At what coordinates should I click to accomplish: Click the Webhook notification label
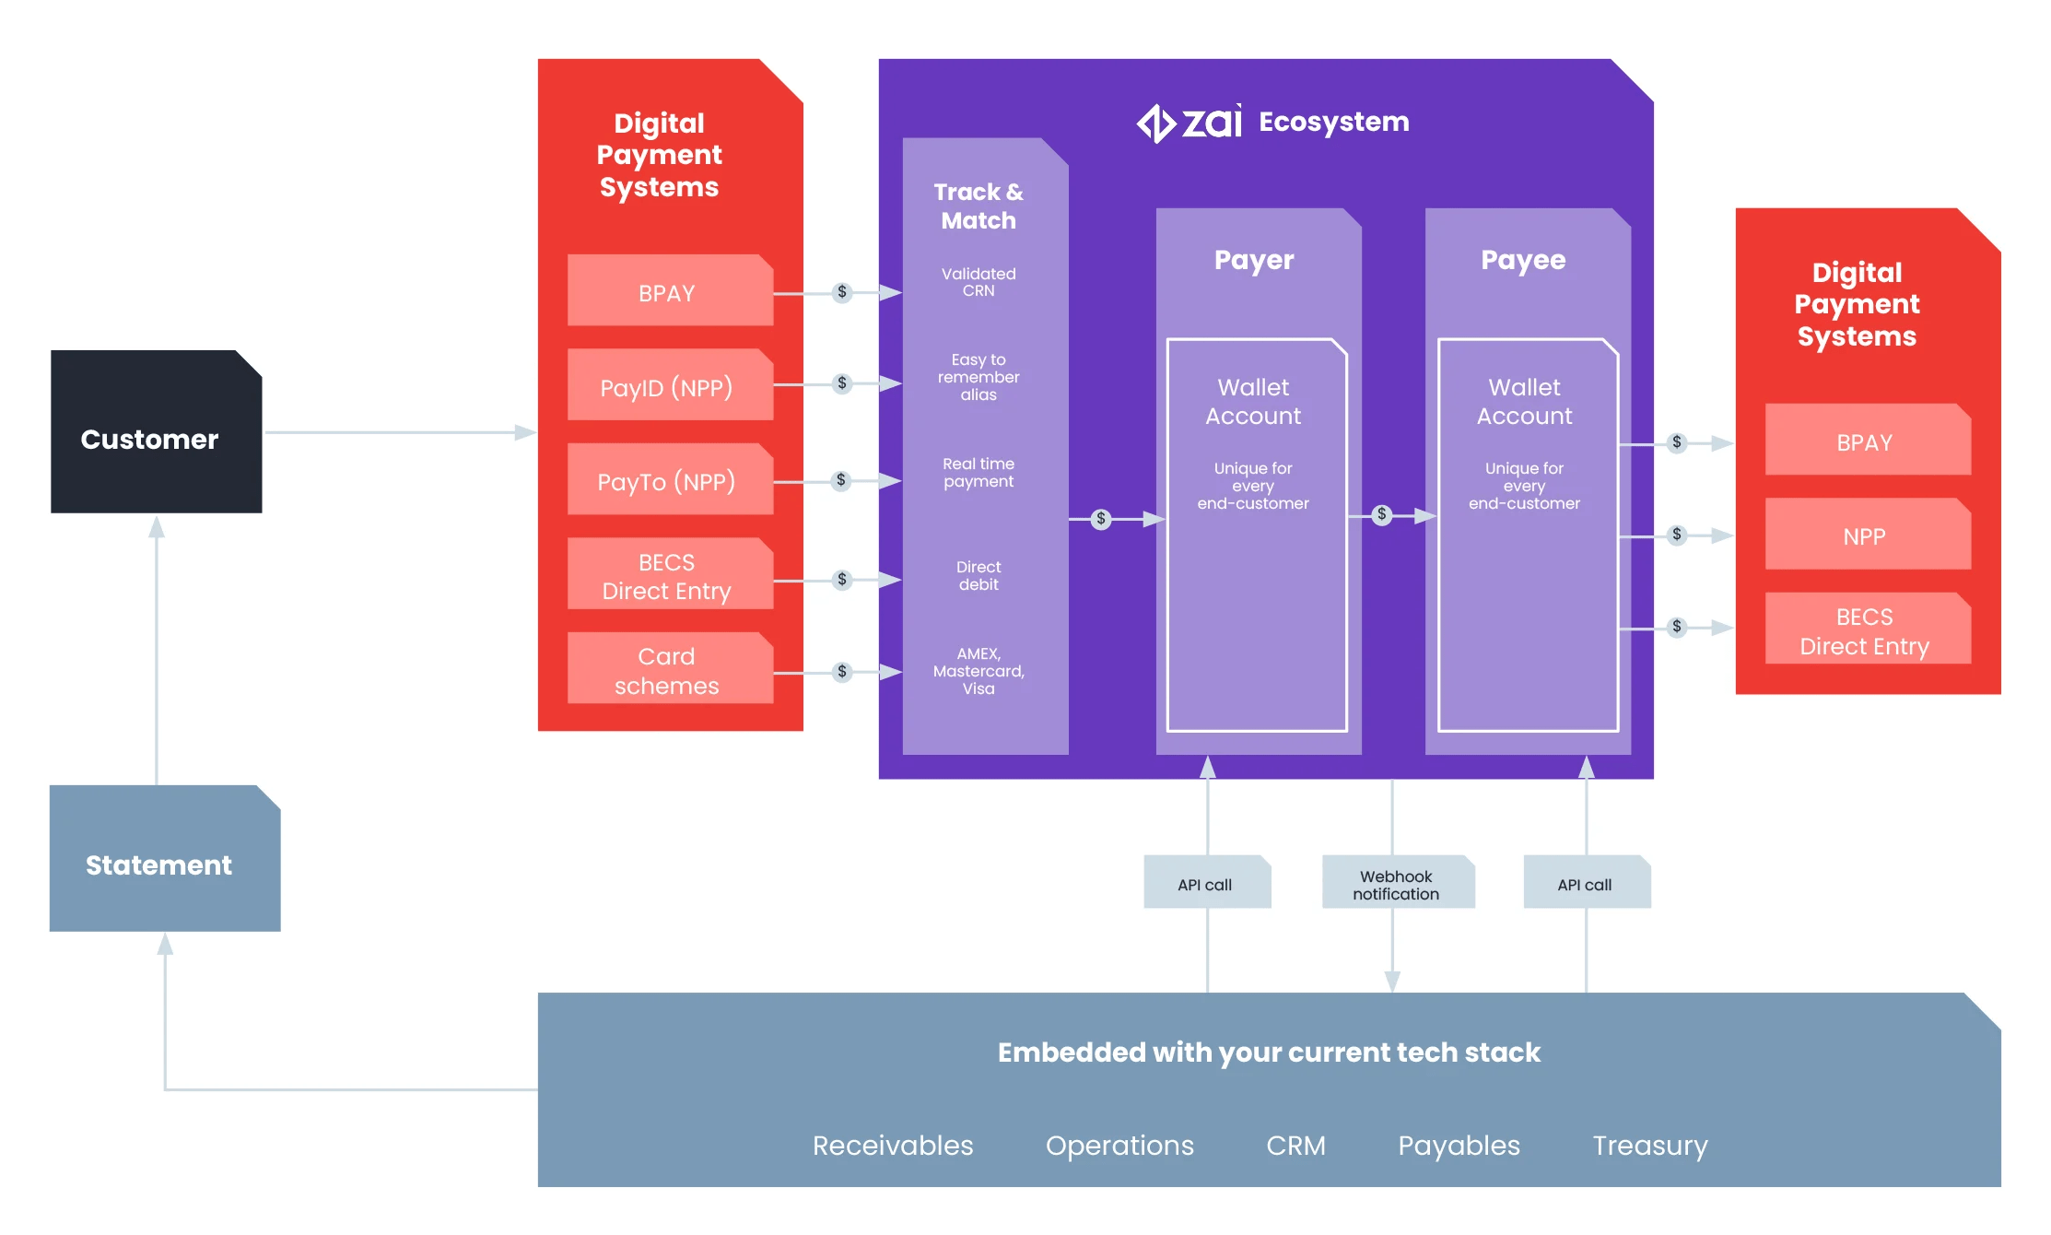coord(1397,884)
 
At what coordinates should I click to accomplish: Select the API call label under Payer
coord(1205,884)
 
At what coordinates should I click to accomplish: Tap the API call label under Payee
coord(1585,884)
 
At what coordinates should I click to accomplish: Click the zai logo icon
coord(1155,123)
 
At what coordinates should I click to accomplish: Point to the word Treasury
coord(1649,1145)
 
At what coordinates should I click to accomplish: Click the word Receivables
coord(892,1145)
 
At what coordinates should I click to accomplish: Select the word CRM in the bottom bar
coord(1295,1145)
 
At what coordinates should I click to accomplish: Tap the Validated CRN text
coord(979,282)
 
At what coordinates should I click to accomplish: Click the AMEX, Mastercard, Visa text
coord(979,671)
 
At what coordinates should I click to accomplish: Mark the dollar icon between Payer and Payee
coord(1381,515)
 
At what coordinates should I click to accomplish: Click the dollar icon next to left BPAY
coord(841,292)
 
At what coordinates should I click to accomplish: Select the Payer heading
coord(1254,260)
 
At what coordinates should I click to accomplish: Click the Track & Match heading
coord(979,206)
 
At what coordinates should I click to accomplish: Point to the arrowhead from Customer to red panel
coord(525,432)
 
